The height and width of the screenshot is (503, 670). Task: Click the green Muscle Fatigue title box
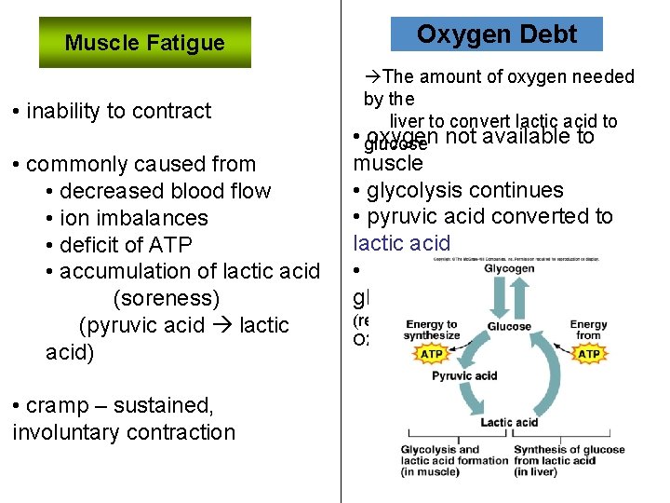coord(144,43)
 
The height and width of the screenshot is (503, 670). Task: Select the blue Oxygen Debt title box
coord(496,34)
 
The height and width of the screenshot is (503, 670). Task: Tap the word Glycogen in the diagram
coord(509,268)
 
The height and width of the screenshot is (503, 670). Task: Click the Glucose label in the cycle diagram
coord(509,327)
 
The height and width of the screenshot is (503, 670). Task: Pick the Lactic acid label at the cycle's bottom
coord(509,422)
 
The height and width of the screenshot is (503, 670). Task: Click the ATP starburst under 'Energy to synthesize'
coord(432,354)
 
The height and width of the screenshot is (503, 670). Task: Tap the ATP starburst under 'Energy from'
coord(589,354)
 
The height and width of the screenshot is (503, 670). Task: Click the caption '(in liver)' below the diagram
coord(535,472)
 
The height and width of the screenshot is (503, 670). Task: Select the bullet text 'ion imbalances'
coord(133,218)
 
